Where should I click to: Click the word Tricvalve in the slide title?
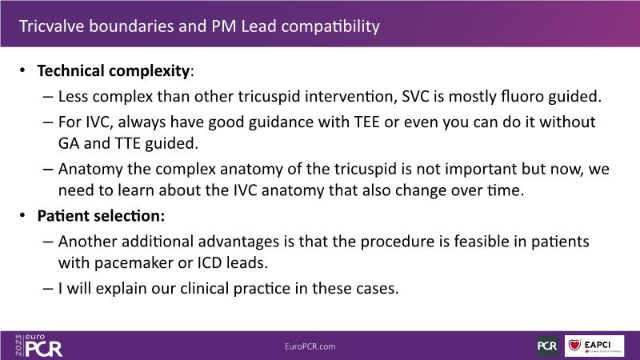(52, 26)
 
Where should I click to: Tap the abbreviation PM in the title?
(224, 26)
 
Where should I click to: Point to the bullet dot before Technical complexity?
(22, 70)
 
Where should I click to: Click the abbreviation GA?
(69, 143)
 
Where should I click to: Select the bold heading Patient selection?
(101, 215)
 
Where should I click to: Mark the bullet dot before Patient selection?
(22, 214)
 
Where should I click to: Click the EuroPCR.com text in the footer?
(310, 346)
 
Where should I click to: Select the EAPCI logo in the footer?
(594, 346)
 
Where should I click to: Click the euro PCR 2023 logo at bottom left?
(38, 346)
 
